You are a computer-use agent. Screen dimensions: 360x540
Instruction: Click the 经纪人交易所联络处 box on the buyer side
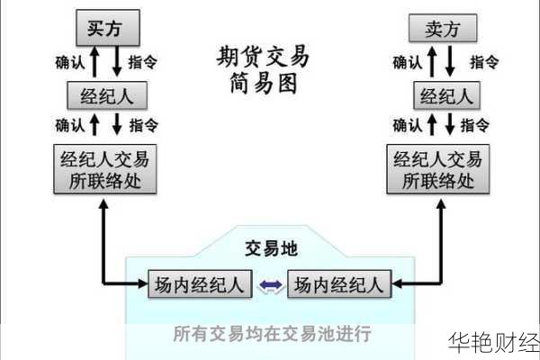point(103,170)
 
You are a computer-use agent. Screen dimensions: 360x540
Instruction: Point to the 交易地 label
point(271,249)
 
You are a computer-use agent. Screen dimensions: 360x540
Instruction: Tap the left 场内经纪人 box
point(197,286)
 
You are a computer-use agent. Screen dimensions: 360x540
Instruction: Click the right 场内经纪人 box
point(337,286)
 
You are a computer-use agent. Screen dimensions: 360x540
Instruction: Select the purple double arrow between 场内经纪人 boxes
point(269,286)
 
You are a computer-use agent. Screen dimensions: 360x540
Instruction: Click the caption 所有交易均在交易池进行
point(272,334)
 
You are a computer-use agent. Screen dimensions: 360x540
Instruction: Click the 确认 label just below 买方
point(70,63)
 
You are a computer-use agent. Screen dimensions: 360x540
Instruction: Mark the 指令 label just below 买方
point(144,63)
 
